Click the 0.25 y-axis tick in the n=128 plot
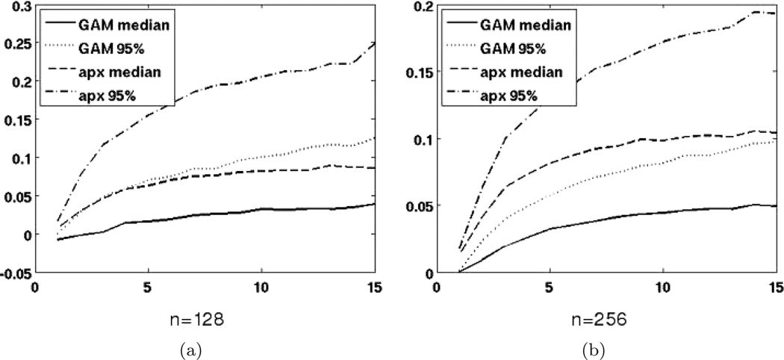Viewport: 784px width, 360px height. tap(15, 43)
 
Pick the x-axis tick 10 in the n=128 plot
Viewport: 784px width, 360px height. tap(261, 287)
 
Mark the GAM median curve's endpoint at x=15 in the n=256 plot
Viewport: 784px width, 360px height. tap(777, 205)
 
